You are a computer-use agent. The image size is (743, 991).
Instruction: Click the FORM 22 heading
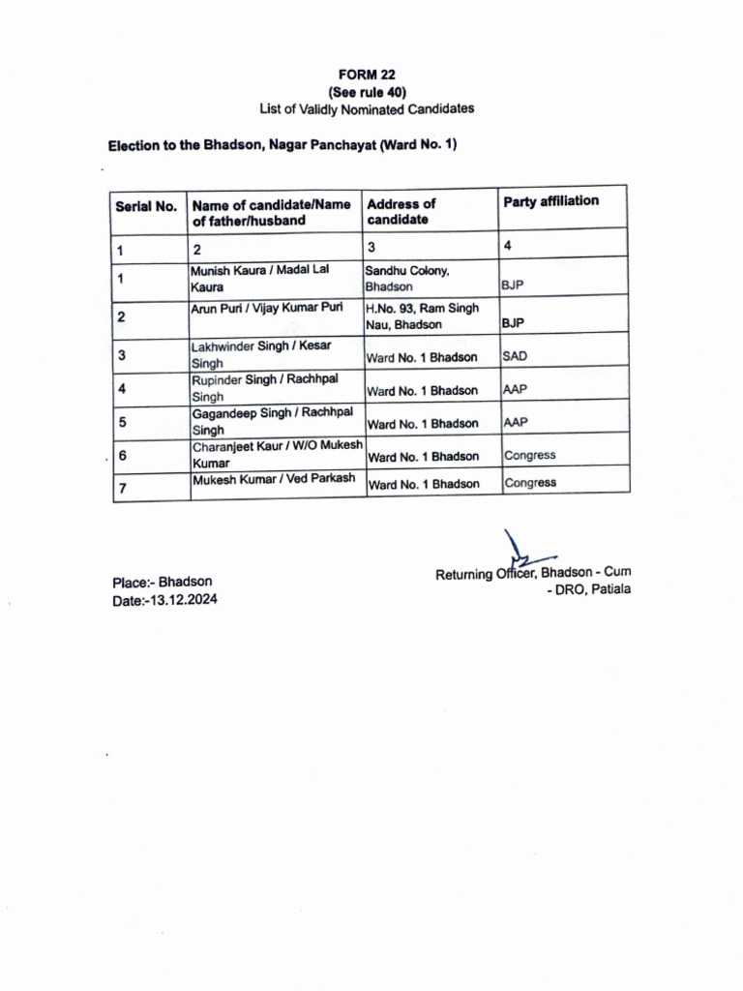click(367, 74)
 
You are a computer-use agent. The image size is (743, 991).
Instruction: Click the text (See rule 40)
click(367, 91)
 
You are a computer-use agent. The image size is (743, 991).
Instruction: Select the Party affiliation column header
click(550, 201)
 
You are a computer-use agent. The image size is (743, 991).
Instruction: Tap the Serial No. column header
click(146, 206)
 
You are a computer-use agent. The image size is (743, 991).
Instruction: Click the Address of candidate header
click(401, 211)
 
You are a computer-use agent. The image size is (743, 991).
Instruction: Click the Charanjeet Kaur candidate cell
click(277, 454)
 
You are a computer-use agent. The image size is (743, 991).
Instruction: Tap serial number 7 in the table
click(123, 489)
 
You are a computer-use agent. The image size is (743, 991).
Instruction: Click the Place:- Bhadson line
click(163, 583)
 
